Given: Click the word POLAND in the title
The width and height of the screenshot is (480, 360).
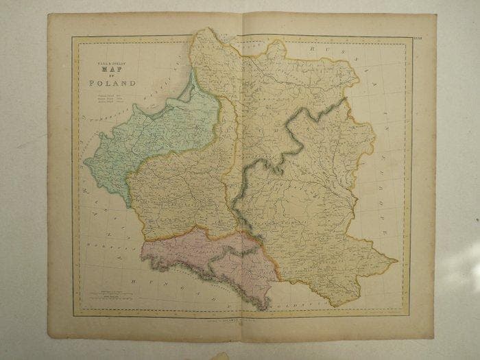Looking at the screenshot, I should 111,84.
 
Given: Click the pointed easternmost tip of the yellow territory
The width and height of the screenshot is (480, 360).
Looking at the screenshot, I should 397,261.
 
